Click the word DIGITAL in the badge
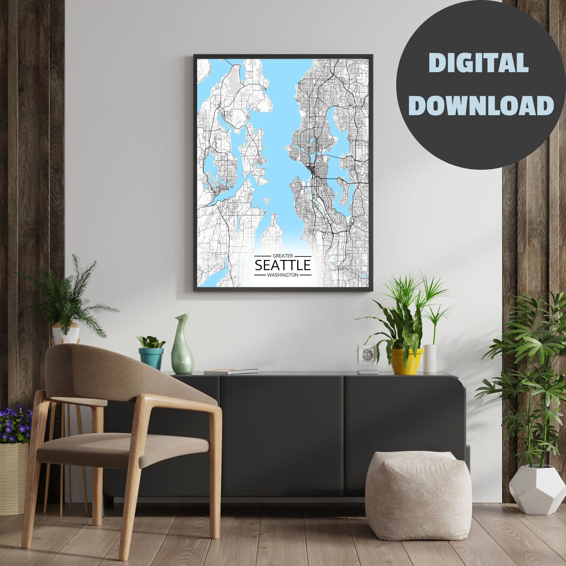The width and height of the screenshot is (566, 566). (478, 63)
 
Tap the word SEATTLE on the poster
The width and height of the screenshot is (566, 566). (283, 265)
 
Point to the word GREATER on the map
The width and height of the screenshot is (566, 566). (283, 256)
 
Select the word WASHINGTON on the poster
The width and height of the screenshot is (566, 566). (283, 275)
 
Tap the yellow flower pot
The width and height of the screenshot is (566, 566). (407, 361)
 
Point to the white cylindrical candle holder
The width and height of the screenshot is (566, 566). (430, 358)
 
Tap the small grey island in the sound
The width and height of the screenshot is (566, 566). (267, 200)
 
